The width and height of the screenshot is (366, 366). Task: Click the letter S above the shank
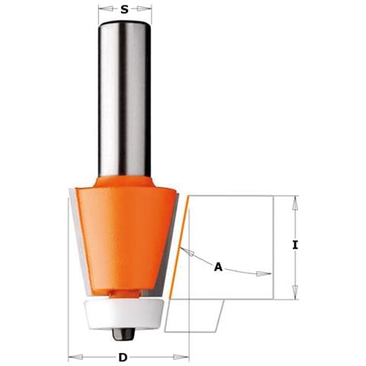[x=125, y=10]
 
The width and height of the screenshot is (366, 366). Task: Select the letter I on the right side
[x=294, y=246]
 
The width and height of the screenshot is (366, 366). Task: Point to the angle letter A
[x=219, y=267]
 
